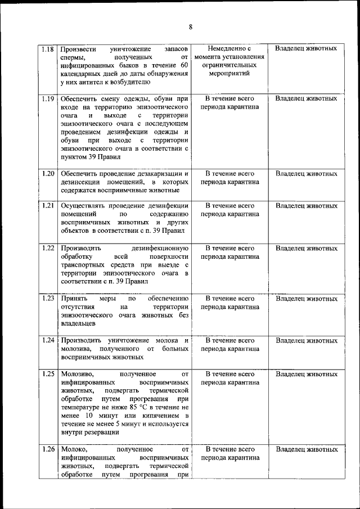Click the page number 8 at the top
(x=191, y=27)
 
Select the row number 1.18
(x=48, y=49)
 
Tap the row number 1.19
(x=48, y=98)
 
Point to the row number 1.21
(x=48, y=206)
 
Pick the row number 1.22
(x=48, y=248)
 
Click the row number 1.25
(x=48, y=373)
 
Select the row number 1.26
(x=48, y=449)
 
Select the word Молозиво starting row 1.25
(x=77, y=373)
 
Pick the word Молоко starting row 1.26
(x=74, y=449)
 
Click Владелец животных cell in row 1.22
(x=306, y=248)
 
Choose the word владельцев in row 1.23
(x=79, y=323)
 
